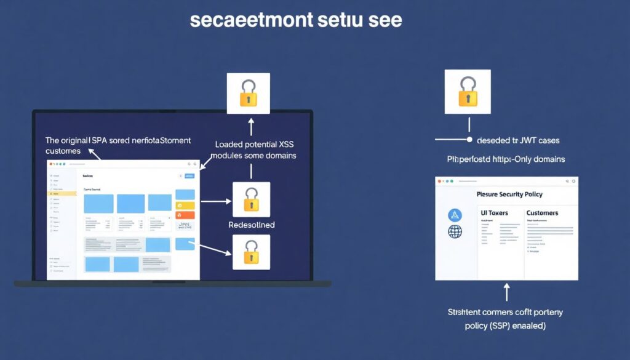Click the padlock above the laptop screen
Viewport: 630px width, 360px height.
249,93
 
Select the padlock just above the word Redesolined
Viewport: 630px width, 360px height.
251,199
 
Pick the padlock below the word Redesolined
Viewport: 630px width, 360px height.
251,252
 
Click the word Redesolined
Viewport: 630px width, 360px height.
251,225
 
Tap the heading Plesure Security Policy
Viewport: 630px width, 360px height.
509,194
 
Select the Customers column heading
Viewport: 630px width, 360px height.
542,213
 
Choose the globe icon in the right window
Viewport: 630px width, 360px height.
455,232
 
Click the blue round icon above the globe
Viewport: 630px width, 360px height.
455,214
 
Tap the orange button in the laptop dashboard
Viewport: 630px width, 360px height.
185,215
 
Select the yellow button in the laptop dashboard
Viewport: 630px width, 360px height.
185,205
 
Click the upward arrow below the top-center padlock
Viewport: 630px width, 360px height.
251,126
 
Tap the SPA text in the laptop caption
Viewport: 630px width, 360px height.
99,140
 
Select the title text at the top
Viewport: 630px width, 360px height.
296,20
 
